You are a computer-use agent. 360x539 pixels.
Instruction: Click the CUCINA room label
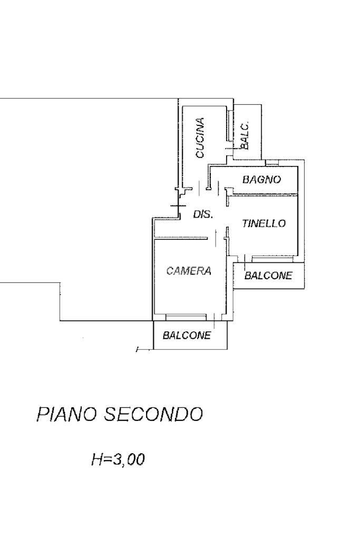pos(200,138)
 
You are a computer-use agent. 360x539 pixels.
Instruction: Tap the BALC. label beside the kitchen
pos(245,135)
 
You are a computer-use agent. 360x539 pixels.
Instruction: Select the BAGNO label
pos(261,180)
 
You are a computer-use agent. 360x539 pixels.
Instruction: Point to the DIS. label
pos(203,214)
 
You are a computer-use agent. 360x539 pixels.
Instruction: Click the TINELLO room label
pos(264,223)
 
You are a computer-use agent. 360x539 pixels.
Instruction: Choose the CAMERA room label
pos(189,271)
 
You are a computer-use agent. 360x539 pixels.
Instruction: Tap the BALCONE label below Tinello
pos(268,276)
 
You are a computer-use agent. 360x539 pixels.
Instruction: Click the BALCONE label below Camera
pos(187,335)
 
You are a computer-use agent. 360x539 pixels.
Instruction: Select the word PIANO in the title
pos(67,415)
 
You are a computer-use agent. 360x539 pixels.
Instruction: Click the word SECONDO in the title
pos(153,415)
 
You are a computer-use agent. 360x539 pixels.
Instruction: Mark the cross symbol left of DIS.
pos(178,204)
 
